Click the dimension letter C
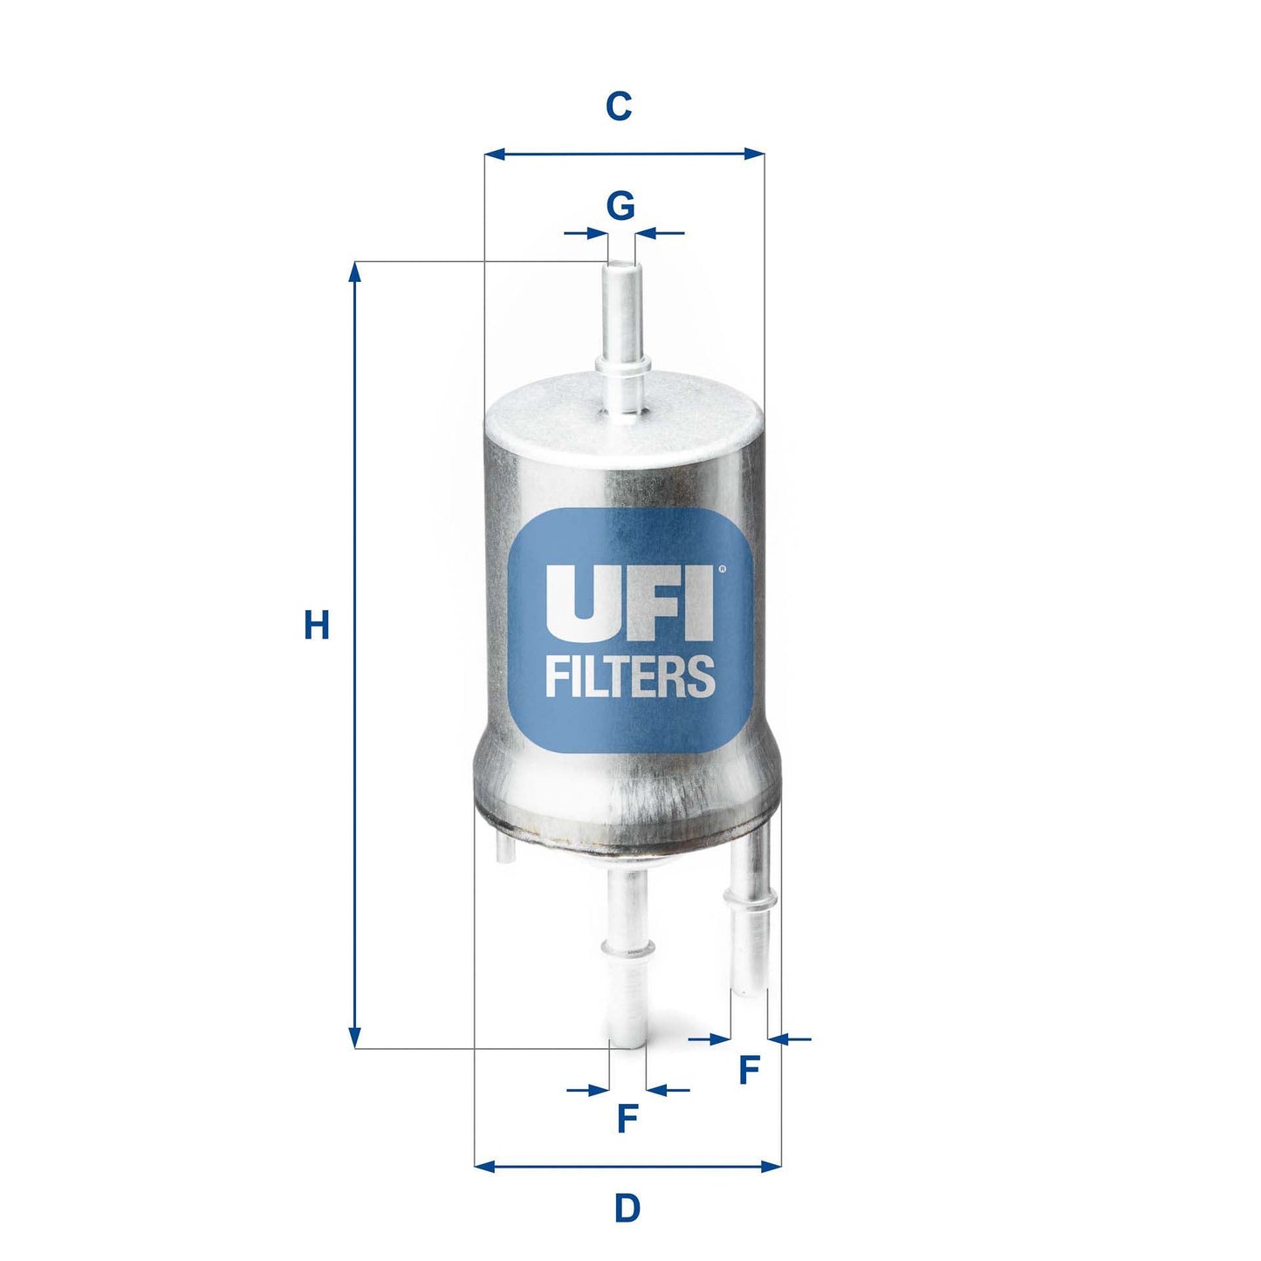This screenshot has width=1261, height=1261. point(619,106)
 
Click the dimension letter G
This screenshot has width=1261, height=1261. point(620,207)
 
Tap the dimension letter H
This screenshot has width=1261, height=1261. point(316,626)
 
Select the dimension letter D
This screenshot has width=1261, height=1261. point(627,1209)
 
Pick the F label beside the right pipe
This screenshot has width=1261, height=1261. point(748,1070)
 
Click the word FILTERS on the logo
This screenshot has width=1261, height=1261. point(630,676)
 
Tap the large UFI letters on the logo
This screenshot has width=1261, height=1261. point(628,605)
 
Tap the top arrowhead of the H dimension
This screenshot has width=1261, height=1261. point(354,272)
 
